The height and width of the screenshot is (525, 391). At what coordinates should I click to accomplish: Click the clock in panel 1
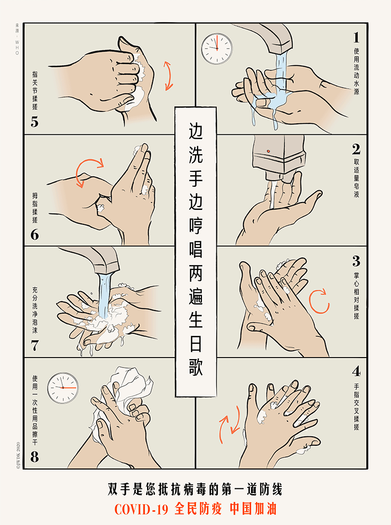[217, 49]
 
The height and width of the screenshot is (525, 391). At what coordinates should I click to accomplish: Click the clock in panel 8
[63, 388]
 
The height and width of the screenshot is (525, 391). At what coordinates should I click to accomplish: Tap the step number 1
[356, 38]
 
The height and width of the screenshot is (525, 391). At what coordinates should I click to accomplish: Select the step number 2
[356, 150]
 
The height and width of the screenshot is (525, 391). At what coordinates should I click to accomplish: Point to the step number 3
[356, 261]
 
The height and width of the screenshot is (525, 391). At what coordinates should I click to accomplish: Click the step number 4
[356, 371]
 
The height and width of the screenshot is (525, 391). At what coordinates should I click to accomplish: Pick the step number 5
[35, 121]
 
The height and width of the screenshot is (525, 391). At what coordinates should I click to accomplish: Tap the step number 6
[35, 235]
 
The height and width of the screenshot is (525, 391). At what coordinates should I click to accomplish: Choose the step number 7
[35, 346]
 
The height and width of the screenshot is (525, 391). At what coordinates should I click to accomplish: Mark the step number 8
[35, 457]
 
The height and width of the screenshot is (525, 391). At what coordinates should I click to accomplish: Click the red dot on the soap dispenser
[268, 152]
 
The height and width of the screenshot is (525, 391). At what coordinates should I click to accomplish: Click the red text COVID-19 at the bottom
[141, 510]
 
